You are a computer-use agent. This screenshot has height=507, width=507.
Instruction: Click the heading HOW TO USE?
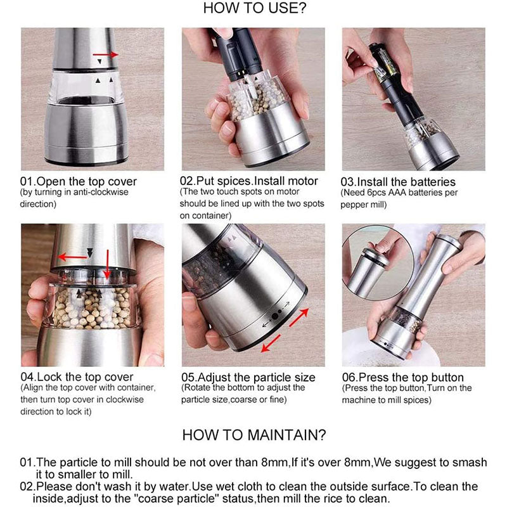pos(254,9)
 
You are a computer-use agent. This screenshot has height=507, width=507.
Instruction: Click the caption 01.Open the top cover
pos(78,182)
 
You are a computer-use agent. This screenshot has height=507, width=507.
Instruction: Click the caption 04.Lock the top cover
pos(77,378)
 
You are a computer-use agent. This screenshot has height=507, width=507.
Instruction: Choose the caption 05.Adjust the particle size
pos(248,378)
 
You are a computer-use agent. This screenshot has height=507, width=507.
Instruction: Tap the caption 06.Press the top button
pos(402,378)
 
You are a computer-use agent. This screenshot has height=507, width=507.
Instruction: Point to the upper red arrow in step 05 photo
pos(298,317)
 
